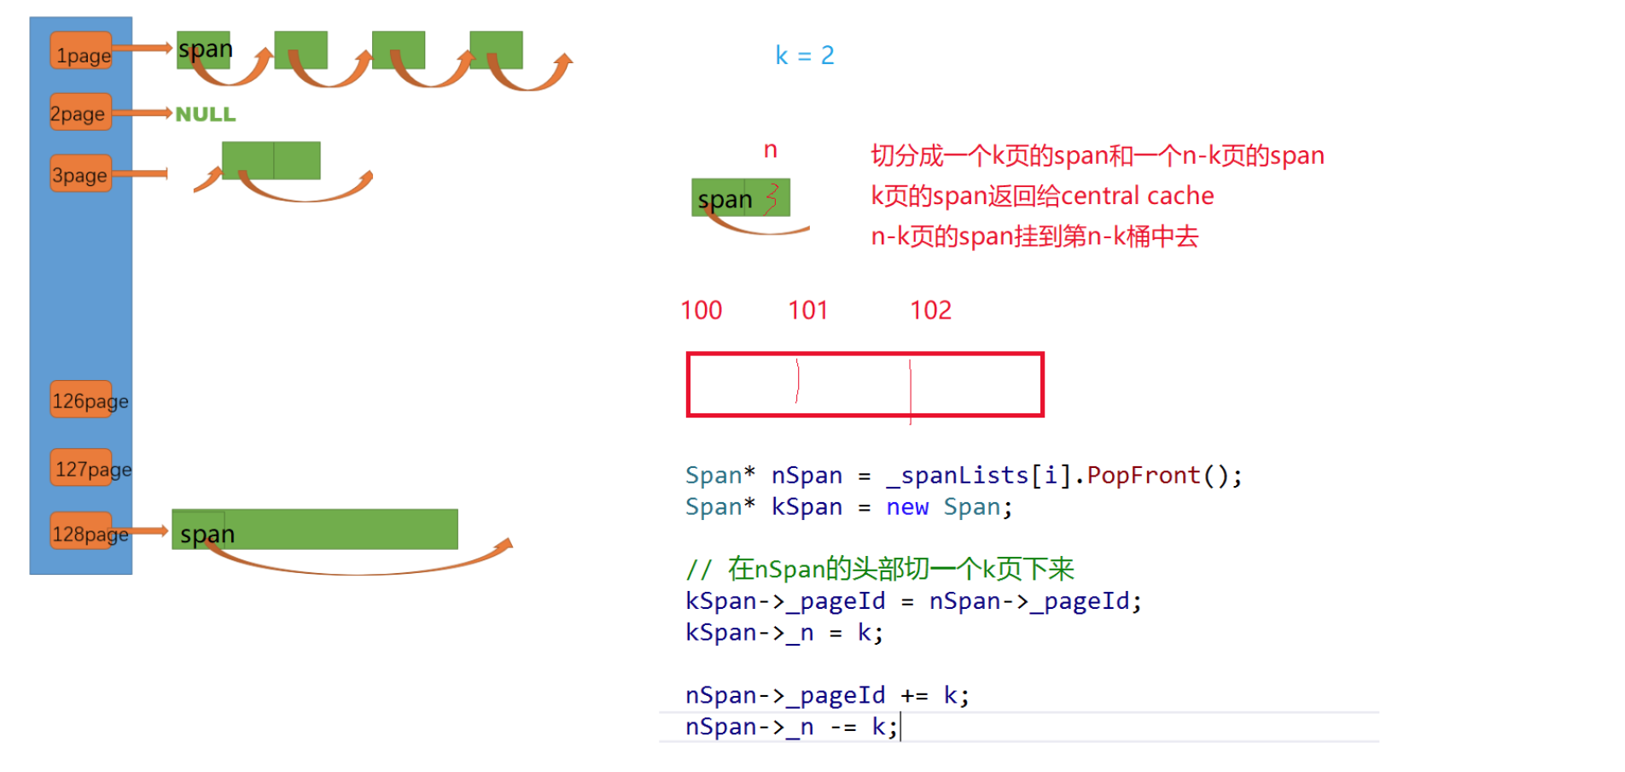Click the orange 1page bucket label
pos(82,52)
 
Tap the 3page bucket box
pos(81,174)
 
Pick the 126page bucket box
pos(82,400)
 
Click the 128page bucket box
pos(82,532)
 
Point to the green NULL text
pos(205,114)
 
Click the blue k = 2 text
pos(804,56)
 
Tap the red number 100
pos(701,310)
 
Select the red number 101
pos(807,310)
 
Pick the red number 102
pos(930,310)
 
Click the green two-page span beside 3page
pos(271,160)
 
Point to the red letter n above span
pos(770,150)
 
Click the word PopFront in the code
pos(1143,476)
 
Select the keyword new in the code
pos(906,507)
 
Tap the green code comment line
pos(879,569)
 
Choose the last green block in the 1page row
pos(496,50)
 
